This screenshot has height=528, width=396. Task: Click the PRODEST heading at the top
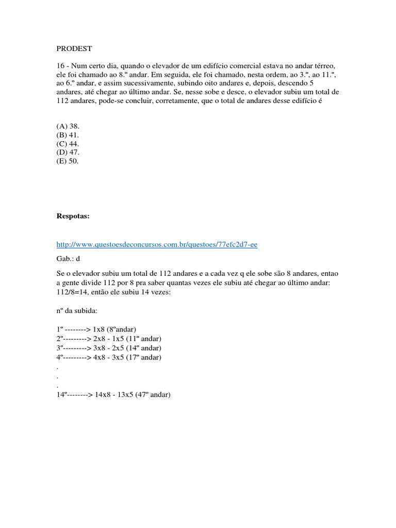click(74, 49)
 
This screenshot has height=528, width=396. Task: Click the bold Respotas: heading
click(73, 217)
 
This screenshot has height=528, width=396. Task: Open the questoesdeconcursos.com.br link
click(157, 244)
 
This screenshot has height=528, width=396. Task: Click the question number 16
click(60, 67)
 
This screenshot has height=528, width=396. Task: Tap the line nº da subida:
click(79, 312)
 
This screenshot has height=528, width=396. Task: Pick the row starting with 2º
click(108, 339)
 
